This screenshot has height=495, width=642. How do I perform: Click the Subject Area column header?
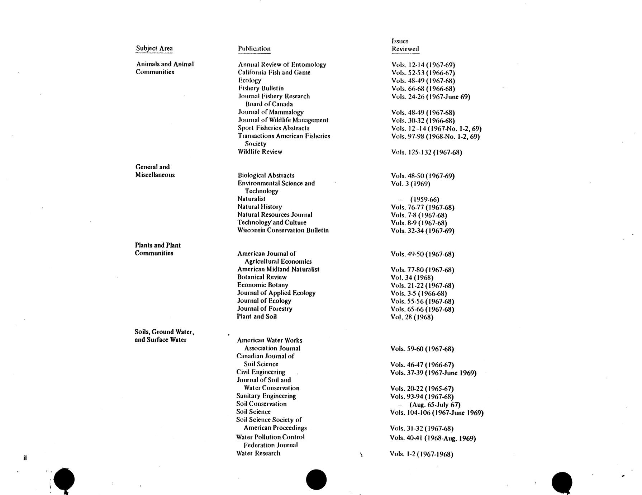tap(154, 48)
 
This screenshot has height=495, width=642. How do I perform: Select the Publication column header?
tap(254, 49)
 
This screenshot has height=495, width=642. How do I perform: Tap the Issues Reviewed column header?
tap(405, 45)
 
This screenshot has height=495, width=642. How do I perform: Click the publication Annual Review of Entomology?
tap(282, 65)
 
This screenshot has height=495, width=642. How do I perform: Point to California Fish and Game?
tap(274, 72)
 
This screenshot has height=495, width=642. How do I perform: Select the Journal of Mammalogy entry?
tap(271, 112)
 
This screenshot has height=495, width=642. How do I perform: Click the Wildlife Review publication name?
tap(260, 152)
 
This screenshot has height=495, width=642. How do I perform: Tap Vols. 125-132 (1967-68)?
tap(427, 152)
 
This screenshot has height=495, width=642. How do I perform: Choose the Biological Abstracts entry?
tap(266, 175)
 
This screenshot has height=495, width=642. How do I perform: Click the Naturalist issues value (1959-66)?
tap(424, 199)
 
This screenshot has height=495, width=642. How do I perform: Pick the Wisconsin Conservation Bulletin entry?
tap(283, 230)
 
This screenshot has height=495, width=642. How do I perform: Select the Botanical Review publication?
tap(262, 277)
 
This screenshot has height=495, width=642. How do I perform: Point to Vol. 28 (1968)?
tap(412, 317)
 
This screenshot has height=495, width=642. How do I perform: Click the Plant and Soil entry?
tap(257, 317)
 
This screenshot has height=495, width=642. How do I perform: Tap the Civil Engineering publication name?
tap(261, 372)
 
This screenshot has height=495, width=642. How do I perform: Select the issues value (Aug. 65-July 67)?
tap(434, 405)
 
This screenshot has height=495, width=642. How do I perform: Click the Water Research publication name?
tap(258, 453)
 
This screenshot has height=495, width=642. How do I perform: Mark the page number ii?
tap(25, 458)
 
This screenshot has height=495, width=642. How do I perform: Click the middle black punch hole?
tap(317, 480)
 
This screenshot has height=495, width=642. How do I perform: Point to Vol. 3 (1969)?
tap(410, 184)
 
